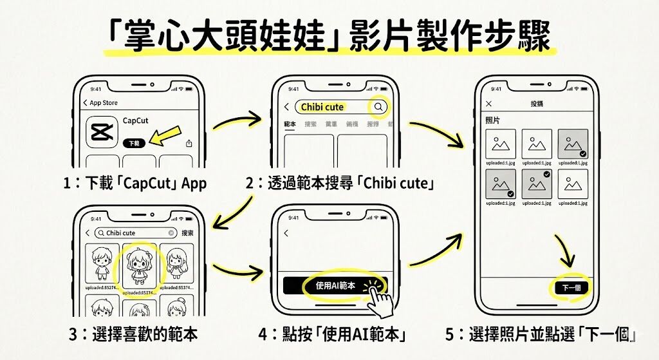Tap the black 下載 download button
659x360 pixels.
133,143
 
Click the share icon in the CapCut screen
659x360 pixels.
189,143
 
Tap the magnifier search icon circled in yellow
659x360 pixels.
378,107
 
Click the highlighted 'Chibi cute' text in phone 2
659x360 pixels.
322,107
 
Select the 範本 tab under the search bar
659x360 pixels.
290,124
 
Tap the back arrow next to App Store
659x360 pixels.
85,103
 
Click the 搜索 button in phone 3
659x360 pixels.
187,232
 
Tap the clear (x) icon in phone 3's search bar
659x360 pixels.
171,232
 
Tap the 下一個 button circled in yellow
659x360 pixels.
571,287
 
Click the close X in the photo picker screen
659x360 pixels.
488,104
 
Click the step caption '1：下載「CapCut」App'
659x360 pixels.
136,183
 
